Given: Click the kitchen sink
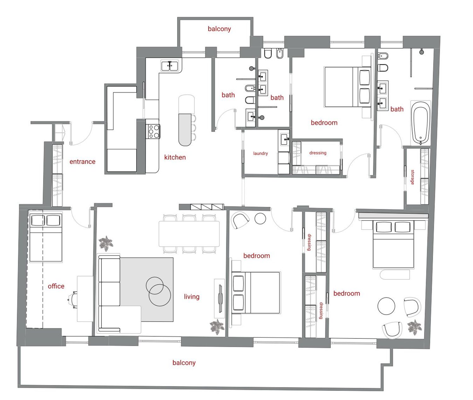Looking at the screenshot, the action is [170, 66].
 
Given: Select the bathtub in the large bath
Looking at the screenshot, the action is [421, 123].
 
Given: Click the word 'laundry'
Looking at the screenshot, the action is [260, 153].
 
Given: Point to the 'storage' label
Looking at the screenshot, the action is [412, 177].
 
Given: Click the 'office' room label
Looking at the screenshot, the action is [56, 286].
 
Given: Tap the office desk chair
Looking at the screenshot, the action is [73, 300].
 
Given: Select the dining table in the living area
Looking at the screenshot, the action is [189, 234].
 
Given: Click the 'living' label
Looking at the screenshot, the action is [192, 297].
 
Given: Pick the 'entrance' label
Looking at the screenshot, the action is [82, 162].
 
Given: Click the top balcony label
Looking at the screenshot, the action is [219, 29].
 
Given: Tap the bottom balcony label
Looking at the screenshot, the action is [184, 363].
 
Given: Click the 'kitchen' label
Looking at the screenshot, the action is [175, 157].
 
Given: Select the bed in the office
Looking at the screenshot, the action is [46, 238].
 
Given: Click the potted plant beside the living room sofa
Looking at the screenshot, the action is [106, 243].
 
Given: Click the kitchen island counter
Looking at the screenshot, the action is [185, 130].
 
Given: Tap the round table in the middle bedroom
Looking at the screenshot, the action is [260, 219].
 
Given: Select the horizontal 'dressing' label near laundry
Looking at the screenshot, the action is [318, 153].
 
